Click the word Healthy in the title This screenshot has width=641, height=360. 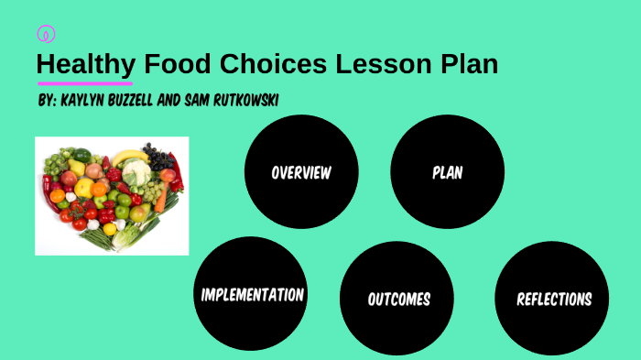(x=85, y=65)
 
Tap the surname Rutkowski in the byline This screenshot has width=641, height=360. (x=245, y=98)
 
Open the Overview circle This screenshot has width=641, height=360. (x=300, y=171)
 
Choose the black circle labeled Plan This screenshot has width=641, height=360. (x=447, y=171)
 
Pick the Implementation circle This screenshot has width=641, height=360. (x=252, y=294)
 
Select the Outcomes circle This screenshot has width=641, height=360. (x=398, y=299)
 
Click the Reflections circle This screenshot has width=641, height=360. (x=553, y=299)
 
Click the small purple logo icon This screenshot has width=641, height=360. (x=46, y=34)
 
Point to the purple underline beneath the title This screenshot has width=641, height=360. (x=84, y=83)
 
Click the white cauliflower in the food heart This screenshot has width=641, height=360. (x=136, y=172)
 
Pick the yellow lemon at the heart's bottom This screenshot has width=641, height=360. (x=110, y=229)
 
